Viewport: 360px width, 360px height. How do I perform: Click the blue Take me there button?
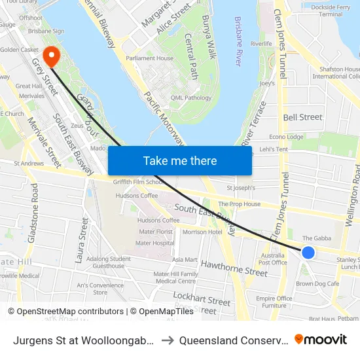180,160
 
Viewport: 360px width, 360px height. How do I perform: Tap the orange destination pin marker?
50,56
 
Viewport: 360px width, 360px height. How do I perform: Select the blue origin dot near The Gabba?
308,253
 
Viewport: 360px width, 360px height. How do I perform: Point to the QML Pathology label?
190,98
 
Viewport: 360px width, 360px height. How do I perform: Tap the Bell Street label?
302,117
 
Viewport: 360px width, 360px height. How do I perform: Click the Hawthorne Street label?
234,268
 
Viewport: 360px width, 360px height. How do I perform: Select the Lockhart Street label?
202,300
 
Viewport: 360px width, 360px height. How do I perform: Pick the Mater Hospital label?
156,242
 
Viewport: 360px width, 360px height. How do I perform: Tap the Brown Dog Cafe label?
317,283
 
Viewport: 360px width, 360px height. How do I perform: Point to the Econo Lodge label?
286,137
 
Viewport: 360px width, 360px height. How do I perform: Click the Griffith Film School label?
138,183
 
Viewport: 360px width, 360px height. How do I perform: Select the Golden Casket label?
19,50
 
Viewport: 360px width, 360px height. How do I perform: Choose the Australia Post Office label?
274,259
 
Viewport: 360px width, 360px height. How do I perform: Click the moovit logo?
321,339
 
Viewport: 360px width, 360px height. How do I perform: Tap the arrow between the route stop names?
167,340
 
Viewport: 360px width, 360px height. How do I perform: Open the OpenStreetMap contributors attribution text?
66,312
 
